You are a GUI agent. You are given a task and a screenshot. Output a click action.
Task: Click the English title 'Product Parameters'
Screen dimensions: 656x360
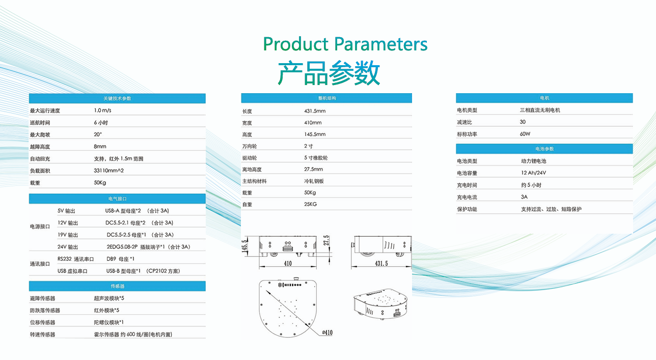point(345,44)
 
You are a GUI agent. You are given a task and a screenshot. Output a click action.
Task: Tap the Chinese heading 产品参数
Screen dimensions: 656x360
point(329,73)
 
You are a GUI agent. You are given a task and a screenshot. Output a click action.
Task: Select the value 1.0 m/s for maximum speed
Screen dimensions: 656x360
point(102,110)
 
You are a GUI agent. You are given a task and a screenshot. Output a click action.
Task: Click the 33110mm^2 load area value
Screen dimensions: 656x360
point(108,171)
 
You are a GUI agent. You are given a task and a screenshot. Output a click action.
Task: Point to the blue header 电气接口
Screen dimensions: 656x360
point(117,199)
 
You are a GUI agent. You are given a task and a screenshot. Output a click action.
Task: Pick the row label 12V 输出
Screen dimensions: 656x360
point(68,223)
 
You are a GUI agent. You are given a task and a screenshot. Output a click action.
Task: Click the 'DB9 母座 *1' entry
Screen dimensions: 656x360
point(120,259)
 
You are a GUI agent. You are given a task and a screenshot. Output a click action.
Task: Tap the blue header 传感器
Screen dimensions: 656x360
point(117,286)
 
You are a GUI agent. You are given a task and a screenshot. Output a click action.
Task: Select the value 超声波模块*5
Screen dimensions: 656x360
point(109,298)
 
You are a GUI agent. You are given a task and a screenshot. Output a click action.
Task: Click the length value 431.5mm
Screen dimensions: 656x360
point(315,111)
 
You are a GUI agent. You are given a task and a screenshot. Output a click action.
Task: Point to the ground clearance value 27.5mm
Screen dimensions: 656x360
point(313,169)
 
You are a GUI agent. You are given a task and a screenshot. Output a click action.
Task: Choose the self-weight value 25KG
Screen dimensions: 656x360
point(311,204)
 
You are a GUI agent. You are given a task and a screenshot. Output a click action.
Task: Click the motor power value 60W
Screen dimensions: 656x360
point(525,134)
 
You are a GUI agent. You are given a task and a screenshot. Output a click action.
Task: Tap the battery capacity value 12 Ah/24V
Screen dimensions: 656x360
point(534,173)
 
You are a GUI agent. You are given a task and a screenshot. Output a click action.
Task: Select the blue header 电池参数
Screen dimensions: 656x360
point(544,149)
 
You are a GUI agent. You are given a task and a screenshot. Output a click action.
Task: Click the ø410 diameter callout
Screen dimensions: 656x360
point(327,333)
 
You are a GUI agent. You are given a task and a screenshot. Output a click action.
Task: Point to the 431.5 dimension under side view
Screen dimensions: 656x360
point(381,263)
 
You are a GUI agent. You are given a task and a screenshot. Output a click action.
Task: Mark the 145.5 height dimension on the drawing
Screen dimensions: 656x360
point(245,245)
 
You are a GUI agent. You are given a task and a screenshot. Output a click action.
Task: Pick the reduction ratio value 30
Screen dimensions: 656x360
point(523,122)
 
